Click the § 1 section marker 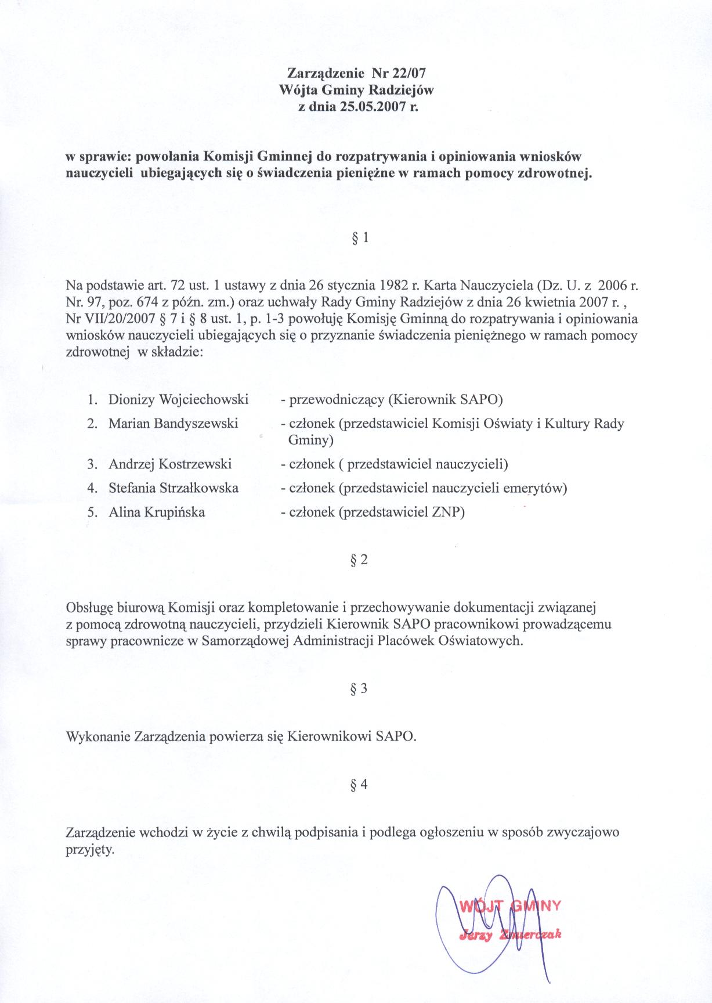coord(360,237)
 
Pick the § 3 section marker coord(360,689)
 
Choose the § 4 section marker coord(360,785)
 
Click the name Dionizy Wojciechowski coord(178,399)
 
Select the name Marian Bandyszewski coord(173,424)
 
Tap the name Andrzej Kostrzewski coord(170,464)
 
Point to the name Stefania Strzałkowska coord(174,488)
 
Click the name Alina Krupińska coord(157,513)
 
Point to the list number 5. coord(91,513)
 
